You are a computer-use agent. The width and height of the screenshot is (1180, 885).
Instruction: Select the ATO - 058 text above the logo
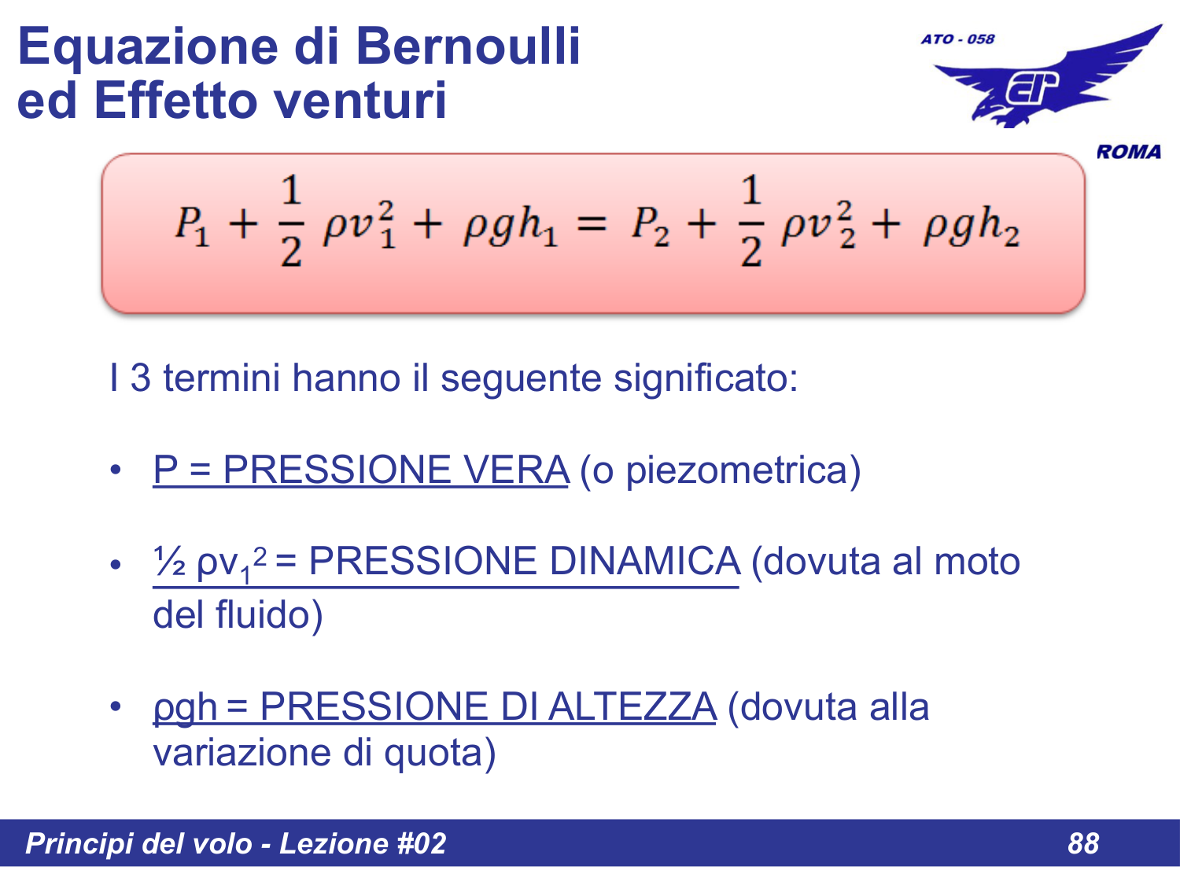pos(957,39)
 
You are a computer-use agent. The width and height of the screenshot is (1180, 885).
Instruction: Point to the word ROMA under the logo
pos(1129,152)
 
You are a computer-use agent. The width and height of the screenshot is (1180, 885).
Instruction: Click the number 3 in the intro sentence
pos(140,378)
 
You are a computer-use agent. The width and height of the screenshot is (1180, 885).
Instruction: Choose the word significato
pos(705,378)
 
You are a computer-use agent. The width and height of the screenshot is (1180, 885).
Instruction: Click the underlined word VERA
pos(515,470)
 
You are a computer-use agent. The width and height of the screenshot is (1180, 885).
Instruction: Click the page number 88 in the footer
pos(1082,843)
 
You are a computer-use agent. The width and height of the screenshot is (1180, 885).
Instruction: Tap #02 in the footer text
pos(421,843)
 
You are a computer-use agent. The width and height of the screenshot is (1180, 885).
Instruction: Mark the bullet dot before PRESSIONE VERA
pos(116,470)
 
